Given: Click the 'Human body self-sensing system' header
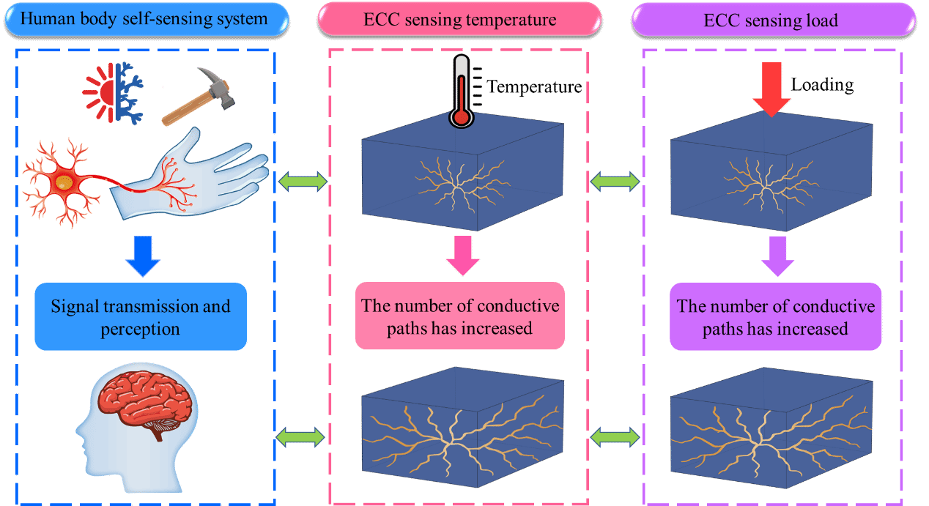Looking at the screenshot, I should point(144,19).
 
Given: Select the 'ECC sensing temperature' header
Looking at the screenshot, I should point(459,19).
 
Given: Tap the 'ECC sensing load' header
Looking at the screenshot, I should point(774,19).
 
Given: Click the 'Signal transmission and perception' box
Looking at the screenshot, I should point(141,316).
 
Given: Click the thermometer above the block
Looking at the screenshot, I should point(461,92).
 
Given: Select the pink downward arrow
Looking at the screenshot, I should point(461,255).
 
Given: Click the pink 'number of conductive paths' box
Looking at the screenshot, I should point(459,316).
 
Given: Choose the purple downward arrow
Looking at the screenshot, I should point(777,255).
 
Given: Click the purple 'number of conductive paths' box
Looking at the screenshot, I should point(776,316).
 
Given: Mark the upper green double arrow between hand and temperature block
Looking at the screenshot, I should point(303,182).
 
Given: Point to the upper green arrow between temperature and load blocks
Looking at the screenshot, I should point(615,182).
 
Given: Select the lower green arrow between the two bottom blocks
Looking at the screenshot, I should point(615,437).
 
